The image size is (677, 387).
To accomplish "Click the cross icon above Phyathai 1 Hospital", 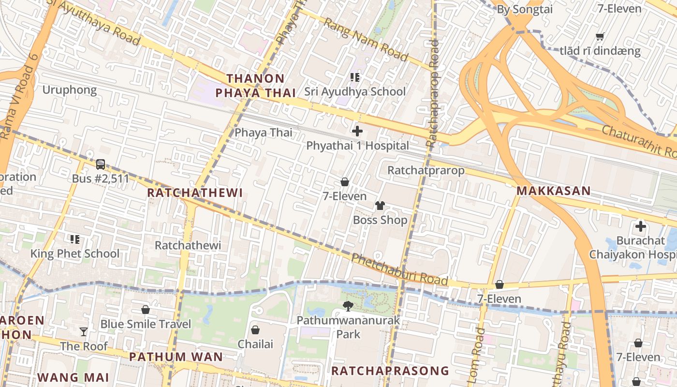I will [x=357, y=131].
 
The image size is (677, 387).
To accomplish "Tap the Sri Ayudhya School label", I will [x=355, y=91].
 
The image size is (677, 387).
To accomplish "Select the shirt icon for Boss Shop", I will [x=380, y=206].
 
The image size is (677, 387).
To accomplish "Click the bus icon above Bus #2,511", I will [x=101, y=164].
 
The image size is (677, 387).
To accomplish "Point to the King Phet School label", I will [x=75, y=253].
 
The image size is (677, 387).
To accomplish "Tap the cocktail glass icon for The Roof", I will [x=84, y=332].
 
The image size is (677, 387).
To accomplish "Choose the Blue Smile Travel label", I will [x=146, y=324].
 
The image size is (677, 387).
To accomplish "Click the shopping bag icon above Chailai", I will [x=255, y=330].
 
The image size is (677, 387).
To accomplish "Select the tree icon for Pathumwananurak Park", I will [x=348, y=306].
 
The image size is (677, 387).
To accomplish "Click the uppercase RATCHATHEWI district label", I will [x=195, y=193].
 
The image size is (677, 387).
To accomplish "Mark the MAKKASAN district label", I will [x=554, y=191].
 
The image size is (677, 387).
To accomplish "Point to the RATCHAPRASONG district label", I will [x=390, y=371].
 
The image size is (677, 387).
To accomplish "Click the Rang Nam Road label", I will [x=366, y=40].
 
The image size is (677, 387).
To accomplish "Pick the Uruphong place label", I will [x=70, y=90].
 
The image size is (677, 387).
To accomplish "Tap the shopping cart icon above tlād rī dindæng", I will [x=600, y=36].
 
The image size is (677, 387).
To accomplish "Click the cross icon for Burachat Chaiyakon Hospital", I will [x=641, y=226].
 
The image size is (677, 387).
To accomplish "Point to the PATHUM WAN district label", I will [x=176, y=357].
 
